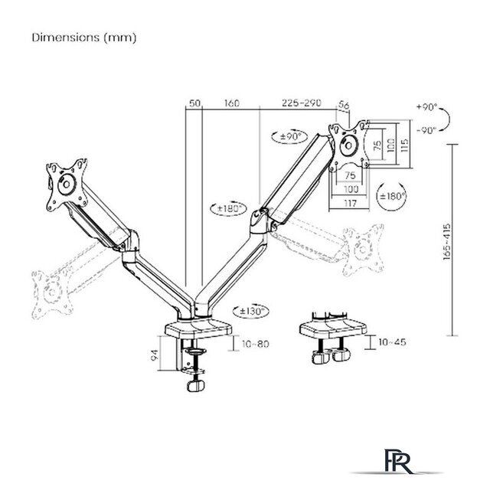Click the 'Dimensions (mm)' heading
[84, 38]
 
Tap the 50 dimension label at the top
[194, 103]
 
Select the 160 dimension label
[231, 103]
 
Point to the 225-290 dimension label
[301, 103]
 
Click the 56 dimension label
[344, 106]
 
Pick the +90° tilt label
[427, 107]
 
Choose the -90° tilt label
[427, 130]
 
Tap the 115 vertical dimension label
[404, 145]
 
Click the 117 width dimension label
[350, 203]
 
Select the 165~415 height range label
[447, 241]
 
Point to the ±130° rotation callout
[250, 312]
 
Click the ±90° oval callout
[289, 136]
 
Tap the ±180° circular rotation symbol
[392, 196]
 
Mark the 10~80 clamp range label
[255, 344]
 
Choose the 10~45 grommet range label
[392, 342]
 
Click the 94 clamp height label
[155, 355]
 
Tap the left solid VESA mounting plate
[67, 185]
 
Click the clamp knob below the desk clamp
[196, 385]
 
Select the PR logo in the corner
[397, 461]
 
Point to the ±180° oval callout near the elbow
[229, 208]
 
